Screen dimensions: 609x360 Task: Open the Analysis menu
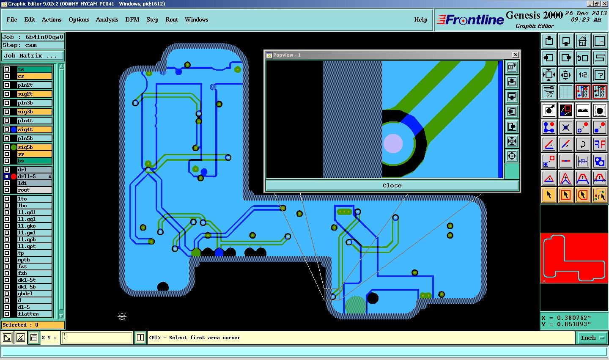tap(107, 19)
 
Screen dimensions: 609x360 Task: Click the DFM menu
tap(132, 19)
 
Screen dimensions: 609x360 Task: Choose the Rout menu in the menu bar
tap(172, 19)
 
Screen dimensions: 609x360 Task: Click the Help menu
tap(420, 19)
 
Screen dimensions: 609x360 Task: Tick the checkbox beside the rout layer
tap(7, 190)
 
